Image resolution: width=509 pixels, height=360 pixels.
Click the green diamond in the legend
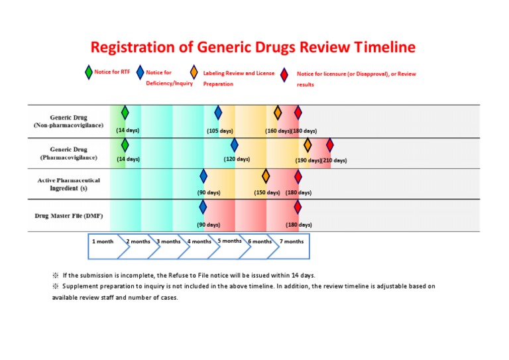(88, 72)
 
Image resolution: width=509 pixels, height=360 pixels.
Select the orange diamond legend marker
(194, 72)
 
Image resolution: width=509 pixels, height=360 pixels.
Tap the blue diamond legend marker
(140, 72)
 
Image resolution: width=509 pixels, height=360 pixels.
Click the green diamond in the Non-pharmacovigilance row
(125, 113)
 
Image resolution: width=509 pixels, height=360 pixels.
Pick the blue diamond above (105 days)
(218, 113)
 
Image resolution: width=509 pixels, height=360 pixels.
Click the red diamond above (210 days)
(329, 145)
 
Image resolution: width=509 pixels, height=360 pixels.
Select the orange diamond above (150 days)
(266, 176)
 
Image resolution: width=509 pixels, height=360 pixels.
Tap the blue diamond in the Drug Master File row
(203, 207)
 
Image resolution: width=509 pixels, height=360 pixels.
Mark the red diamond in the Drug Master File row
(298, 207)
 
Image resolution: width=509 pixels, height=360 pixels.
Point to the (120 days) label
(237, 159)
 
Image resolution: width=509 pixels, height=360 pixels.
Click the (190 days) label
(308, 160)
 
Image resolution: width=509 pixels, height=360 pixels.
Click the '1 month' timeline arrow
(103, 241)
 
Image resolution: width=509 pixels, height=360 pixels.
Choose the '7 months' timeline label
(292, 241)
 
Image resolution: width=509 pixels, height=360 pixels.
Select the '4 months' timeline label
(199, 241)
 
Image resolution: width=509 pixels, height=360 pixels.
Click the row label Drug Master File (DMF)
(68, 216)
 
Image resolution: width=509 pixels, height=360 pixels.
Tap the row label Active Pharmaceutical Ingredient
(68, 184)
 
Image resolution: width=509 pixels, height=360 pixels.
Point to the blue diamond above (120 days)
(234, 145)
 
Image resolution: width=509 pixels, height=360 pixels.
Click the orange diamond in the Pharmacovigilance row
(308, 145)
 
